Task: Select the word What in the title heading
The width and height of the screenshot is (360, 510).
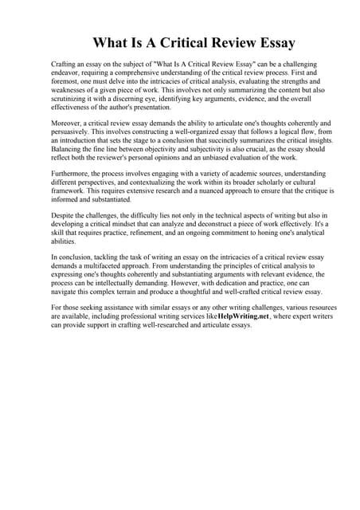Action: tap(112, 42)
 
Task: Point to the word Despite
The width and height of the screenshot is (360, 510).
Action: tap(64, 216)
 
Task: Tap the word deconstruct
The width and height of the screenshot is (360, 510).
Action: tap(208, 225)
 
